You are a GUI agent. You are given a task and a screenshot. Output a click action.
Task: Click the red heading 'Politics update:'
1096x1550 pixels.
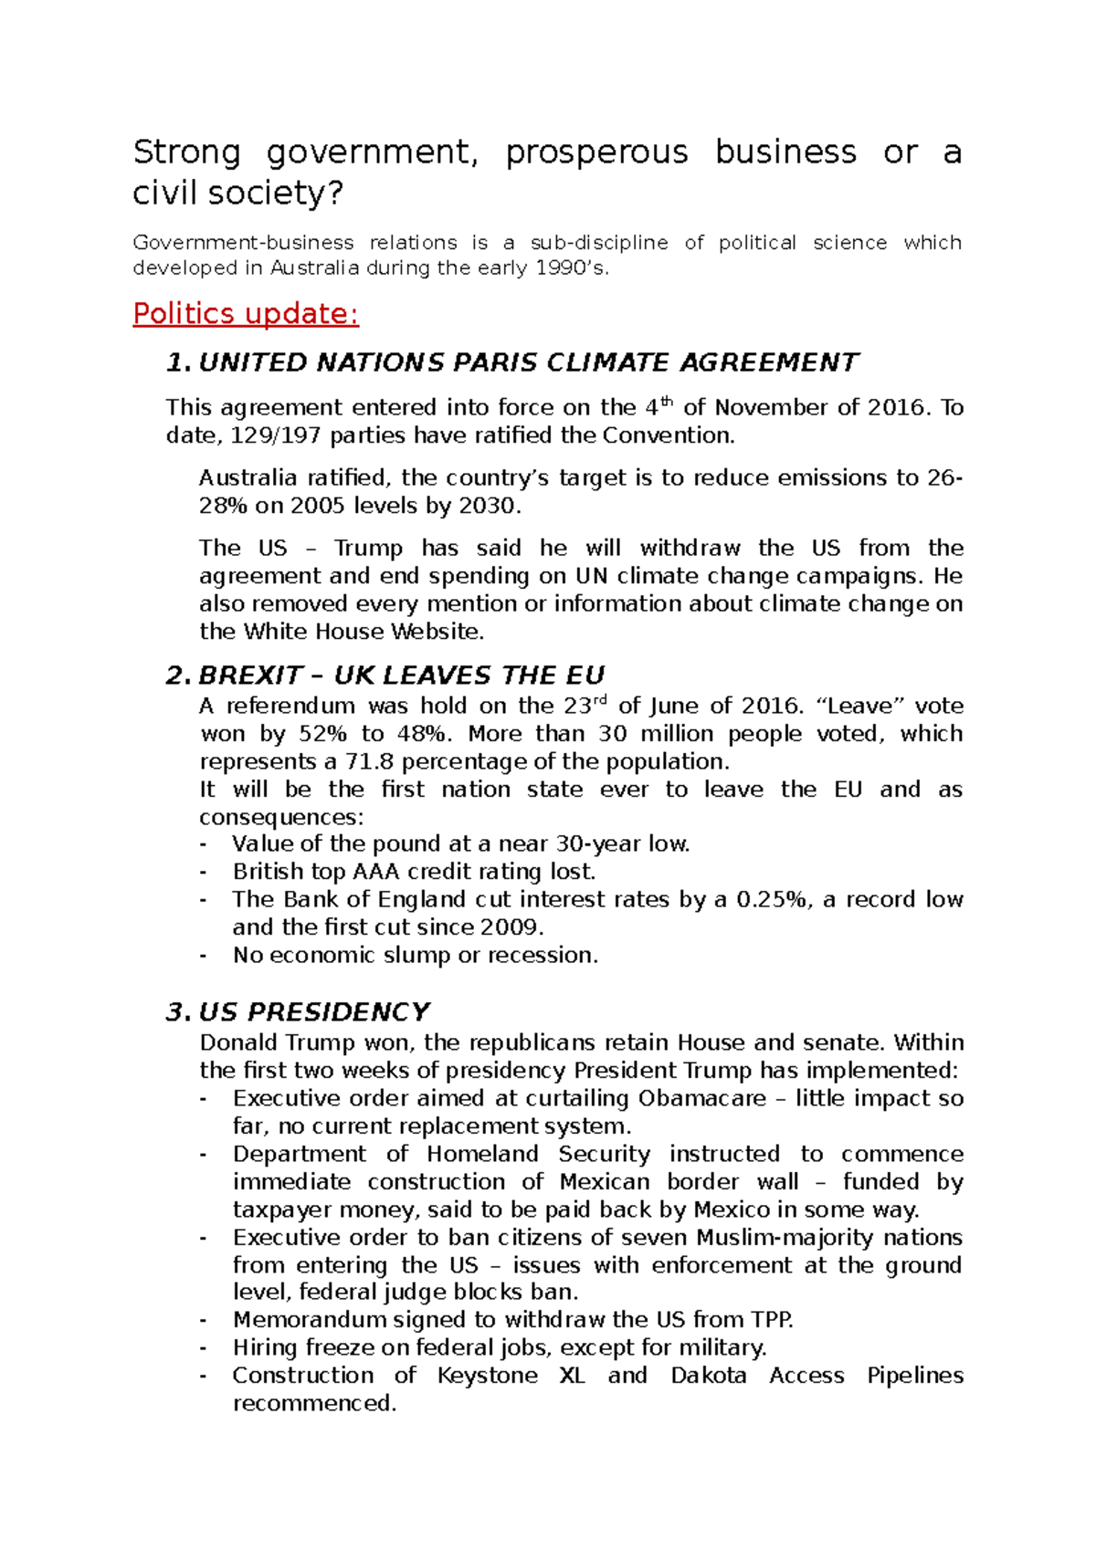tap(246, 314)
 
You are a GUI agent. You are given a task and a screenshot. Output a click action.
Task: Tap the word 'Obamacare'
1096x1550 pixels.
tap(701, 1098)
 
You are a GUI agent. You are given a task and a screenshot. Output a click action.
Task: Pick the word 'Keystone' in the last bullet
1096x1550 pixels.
tap(487, 1376)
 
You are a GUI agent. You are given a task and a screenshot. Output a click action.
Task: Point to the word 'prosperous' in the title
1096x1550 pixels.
tap(596, 152)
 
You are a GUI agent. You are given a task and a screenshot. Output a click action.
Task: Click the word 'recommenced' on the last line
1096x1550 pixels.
tap(313, 1403)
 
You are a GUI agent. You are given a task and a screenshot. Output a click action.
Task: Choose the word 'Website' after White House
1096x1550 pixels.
tap(436, 632)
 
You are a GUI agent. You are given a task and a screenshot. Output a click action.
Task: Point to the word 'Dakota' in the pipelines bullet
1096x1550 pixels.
tap(708, 1376)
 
